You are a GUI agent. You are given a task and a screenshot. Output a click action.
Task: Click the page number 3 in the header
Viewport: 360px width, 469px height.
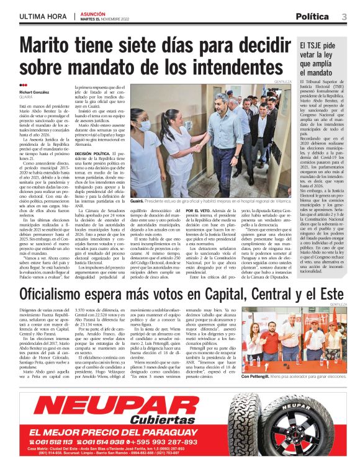[344, 16]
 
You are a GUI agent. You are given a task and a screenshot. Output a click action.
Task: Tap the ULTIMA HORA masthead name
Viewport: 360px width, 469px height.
[43, 16]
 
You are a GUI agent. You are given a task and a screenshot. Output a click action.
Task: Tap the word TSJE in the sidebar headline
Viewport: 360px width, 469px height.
[317, 45]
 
